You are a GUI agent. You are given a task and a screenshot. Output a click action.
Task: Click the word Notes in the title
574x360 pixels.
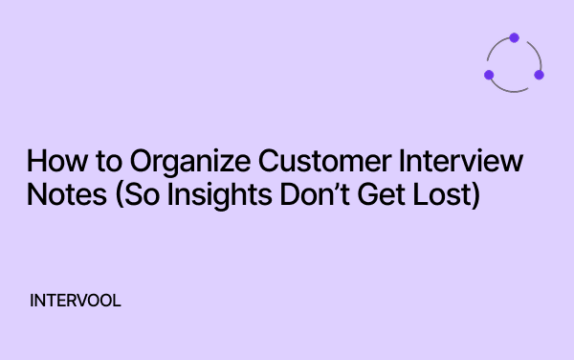[57, 194]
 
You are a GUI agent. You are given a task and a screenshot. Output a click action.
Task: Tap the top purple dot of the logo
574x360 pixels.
[514, 38]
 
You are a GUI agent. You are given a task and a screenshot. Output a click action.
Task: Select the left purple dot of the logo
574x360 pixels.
[489, 75]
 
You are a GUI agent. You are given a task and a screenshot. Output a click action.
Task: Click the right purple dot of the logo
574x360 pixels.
[539, 75]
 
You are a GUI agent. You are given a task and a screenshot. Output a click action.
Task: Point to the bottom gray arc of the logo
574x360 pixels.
[514, 91]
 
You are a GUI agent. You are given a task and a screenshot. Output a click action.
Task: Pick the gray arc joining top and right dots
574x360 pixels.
[533, 51]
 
